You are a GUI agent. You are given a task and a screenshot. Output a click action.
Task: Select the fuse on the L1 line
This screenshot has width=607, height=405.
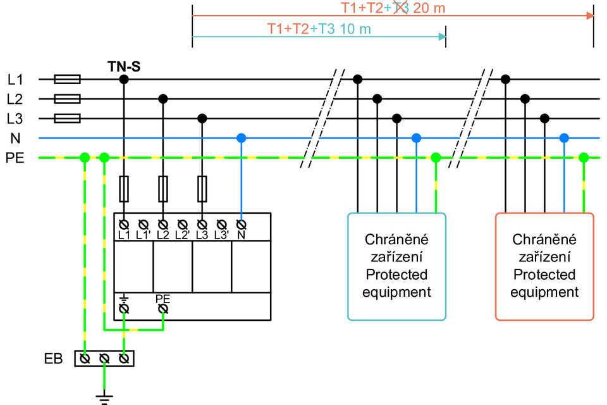(67, 79)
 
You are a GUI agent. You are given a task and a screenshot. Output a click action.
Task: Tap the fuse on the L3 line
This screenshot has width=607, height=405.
(67, 118)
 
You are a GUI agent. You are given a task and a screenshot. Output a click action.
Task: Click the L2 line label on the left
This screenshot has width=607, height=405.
(15, 99)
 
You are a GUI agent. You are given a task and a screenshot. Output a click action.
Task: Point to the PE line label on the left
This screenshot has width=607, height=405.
(15, 158)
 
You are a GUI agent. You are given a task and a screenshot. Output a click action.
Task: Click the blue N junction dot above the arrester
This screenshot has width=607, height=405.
(241, 138)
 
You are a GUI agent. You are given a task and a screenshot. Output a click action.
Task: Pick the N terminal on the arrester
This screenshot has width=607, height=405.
(241, 224)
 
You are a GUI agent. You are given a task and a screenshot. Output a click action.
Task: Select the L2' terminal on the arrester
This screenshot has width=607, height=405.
(182, 224)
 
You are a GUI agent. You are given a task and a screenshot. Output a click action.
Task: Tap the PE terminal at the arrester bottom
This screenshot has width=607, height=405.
(163, 308)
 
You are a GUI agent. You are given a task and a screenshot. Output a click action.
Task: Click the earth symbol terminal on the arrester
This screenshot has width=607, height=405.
(124, 308)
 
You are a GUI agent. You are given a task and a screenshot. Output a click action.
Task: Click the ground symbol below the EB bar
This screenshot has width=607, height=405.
(104, 397)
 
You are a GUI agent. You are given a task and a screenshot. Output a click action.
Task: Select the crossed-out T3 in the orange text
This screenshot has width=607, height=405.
(400, 8)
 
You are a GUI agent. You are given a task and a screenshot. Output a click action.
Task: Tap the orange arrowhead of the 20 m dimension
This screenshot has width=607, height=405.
(590, 15)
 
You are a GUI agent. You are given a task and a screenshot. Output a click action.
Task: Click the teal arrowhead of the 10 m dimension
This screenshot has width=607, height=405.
(442, 36)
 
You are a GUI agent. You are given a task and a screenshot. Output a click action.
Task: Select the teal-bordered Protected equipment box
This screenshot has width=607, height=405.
(397, 266)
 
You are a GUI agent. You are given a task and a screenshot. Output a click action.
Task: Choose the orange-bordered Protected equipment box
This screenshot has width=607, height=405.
(544, 266)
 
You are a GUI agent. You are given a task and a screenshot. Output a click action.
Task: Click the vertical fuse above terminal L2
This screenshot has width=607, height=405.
(163, 188)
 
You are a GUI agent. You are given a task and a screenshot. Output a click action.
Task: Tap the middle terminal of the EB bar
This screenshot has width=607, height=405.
(104, 359)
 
